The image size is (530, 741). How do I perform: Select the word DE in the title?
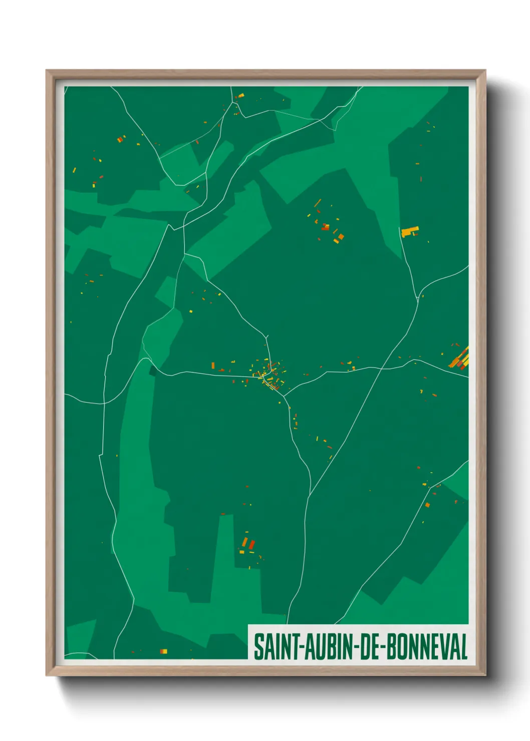pyautogui.click(x=370, y=647)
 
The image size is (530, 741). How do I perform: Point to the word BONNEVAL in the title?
pyautogui.click(x=426, y=647)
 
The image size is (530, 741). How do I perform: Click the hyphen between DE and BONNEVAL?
pyautogui.click(x=383, y=648)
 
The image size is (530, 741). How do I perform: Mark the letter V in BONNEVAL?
pyautogui.click(x=446, y=647)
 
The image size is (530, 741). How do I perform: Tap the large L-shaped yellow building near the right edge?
pyautogui.click(x=409, y=231)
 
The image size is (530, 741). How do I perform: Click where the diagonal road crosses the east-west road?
pyautogui.click(x=382, y=369)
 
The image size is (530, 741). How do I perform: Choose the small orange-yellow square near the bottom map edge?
pyautogui.click(x=163, y=651)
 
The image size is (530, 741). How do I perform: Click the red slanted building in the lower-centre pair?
pyautogui.click(x=252, y=544)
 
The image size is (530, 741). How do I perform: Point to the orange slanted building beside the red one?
pyautogui.click(x=245, y=542)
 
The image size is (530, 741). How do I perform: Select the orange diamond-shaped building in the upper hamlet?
pyautogui.click(x=341, y=236)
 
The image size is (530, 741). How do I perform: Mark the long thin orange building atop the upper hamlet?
pyautogui.click(x=317, y=203)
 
